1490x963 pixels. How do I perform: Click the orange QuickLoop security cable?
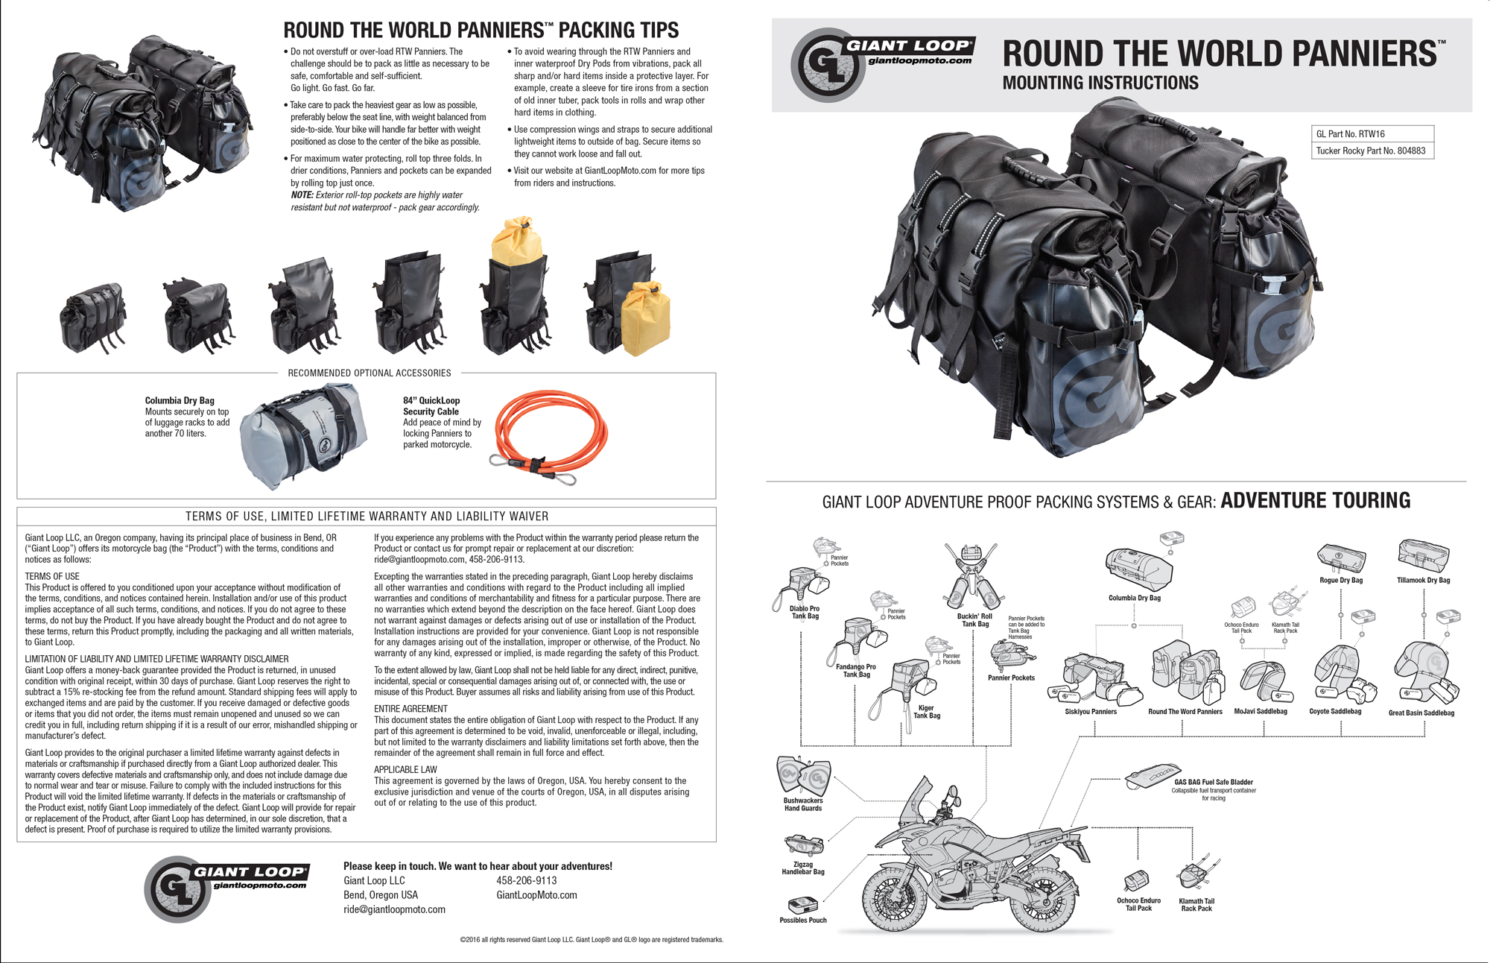point(551,432)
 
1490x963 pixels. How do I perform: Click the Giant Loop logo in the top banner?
point(882,64)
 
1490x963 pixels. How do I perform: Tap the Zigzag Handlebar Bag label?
point(802,868)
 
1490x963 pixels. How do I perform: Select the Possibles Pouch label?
point(802,921)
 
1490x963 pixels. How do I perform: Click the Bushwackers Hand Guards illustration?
point(802,775)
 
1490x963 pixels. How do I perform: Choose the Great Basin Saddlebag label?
point(1421,713)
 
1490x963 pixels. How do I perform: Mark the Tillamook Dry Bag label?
point(1423,580)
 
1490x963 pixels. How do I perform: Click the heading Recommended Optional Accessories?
point(370,373)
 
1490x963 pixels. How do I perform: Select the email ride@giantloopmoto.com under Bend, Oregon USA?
point(394,909)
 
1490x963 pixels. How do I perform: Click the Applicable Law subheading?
point(405,769)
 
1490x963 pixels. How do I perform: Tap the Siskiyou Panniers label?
point(1091,712)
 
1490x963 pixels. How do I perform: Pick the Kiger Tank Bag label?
point(926,712)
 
